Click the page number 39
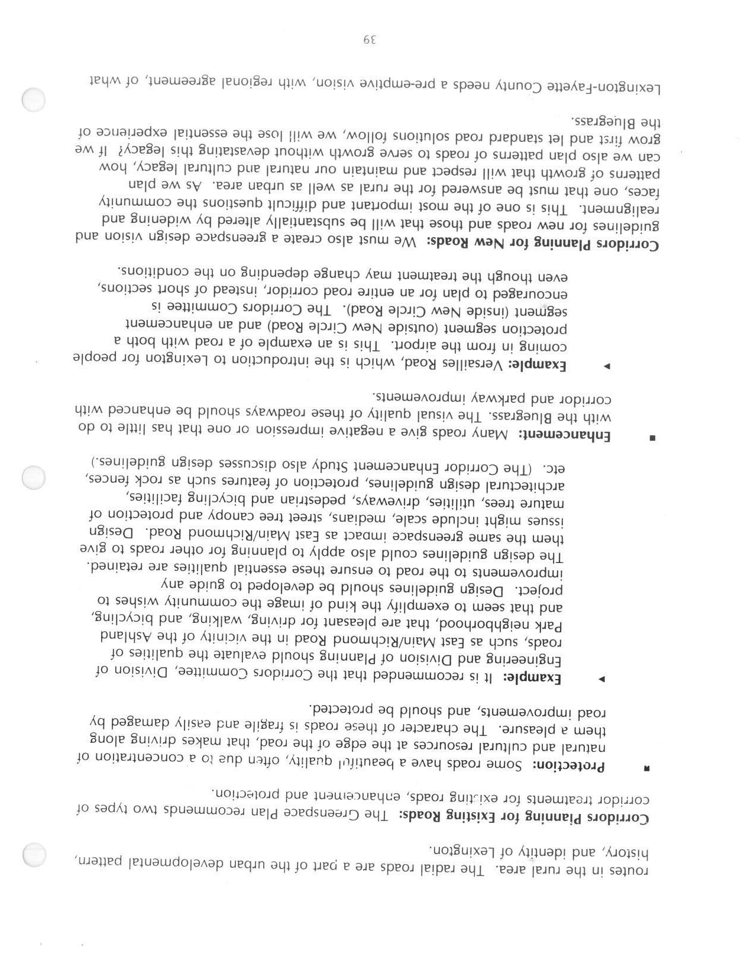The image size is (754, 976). (x=370, y=41)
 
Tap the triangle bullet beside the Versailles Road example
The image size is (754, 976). (x=606, y=367)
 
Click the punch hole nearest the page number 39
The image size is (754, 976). (x=33, y=100)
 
